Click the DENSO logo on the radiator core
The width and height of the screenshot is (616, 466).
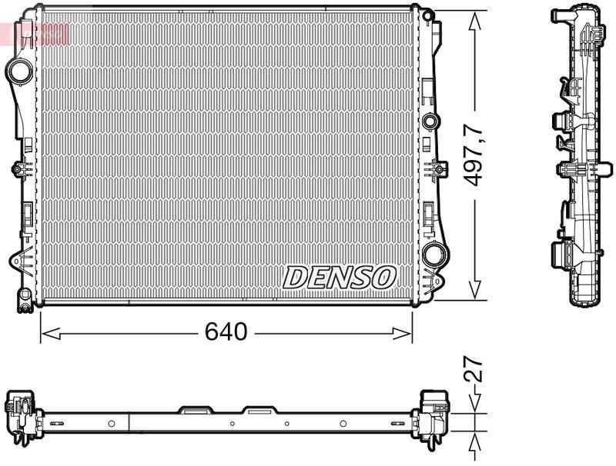point(340,277)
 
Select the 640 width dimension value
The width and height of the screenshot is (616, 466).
point(226,332)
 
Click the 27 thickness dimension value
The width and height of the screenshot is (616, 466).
point(475,371)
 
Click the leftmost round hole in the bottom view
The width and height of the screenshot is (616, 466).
point(112,423)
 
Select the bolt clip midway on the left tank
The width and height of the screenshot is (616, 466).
point(18,169)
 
